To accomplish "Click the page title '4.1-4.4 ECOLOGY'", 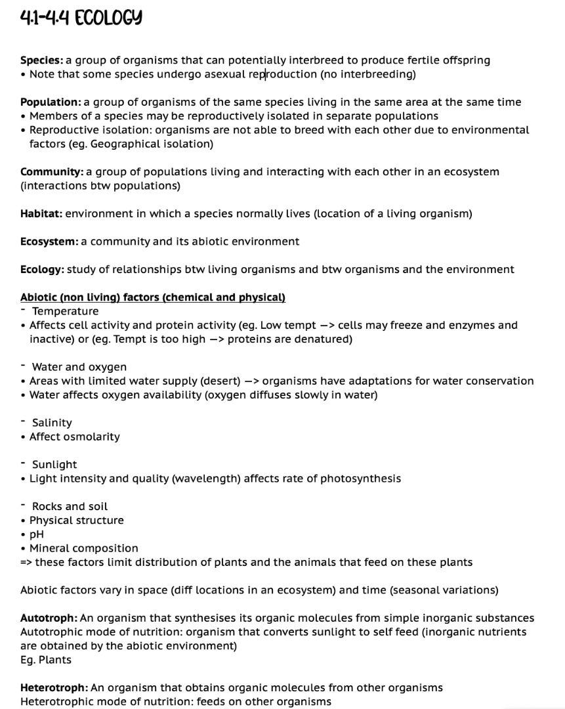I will [x=81, y=17].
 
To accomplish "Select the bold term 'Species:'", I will [x=41, y=60].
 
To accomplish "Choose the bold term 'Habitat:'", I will [x=41, y=214].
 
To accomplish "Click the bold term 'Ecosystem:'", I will [x=49, y=242].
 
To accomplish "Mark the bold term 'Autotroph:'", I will [x=49, y=618].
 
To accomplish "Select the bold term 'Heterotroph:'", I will [x=54, y=688].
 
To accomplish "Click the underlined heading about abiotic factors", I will [x=153, y=297].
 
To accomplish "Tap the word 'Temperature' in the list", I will [x=65, y=311].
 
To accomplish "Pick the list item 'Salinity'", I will [x=52, y=423].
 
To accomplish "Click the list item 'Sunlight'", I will [x=54, y=465].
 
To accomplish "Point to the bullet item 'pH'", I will [x=37, y=534].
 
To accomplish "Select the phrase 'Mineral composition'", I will [x=84, y=548].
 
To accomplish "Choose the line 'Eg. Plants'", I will [x=46, y=660].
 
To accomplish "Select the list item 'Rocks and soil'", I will [x=70, y=506].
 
